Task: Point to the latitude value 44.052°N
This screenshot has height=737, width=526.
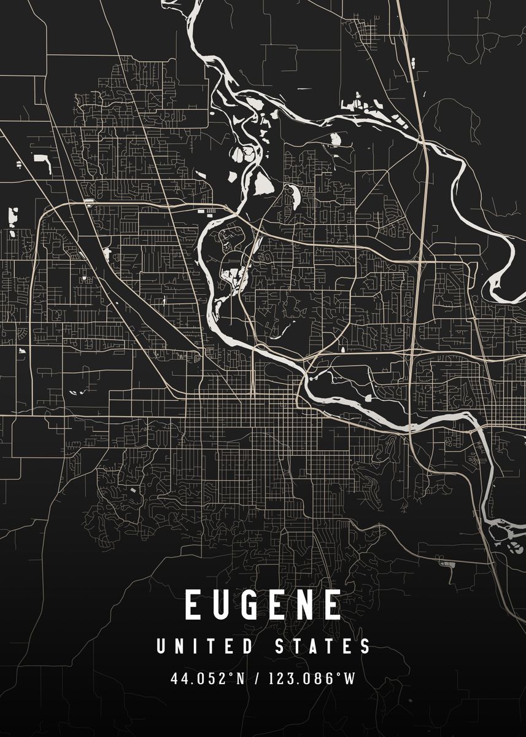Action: (x=208, y=679)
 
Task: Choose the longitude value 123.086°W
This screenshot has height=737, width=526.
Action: (x=311, y=679)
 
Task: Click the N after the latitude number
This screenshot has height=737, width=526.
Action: (x=240, y=679)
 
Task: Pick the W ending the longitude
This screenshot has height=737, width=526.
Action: (x=349, y=679)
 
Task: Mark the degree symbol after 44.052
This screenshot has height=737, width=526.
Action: (x=232, y=676)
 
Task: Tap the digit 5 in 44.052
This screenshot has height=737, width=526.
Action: (x=214, y=679)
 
